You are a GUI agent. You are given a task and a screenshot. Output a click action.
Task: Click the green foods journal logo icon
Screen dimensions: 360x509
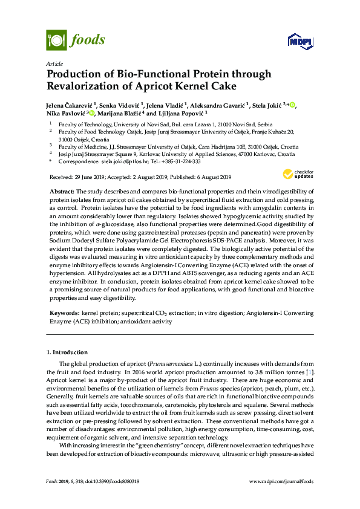point(56,40)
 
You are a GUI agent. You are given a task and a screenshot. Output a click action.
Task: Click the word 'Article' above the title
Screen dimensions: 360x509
point(54,63)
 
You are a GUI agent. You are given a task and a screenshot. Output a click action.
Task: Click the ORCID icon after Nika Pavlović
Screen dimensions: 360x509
point(91,113)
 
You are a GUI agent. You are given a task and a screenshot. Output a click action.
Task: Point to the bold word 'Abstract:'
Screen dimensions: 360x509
point(61,191)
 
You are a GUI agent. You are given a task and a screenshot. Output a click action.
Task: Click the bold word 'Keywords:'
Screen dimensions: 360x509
point(64,314)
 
